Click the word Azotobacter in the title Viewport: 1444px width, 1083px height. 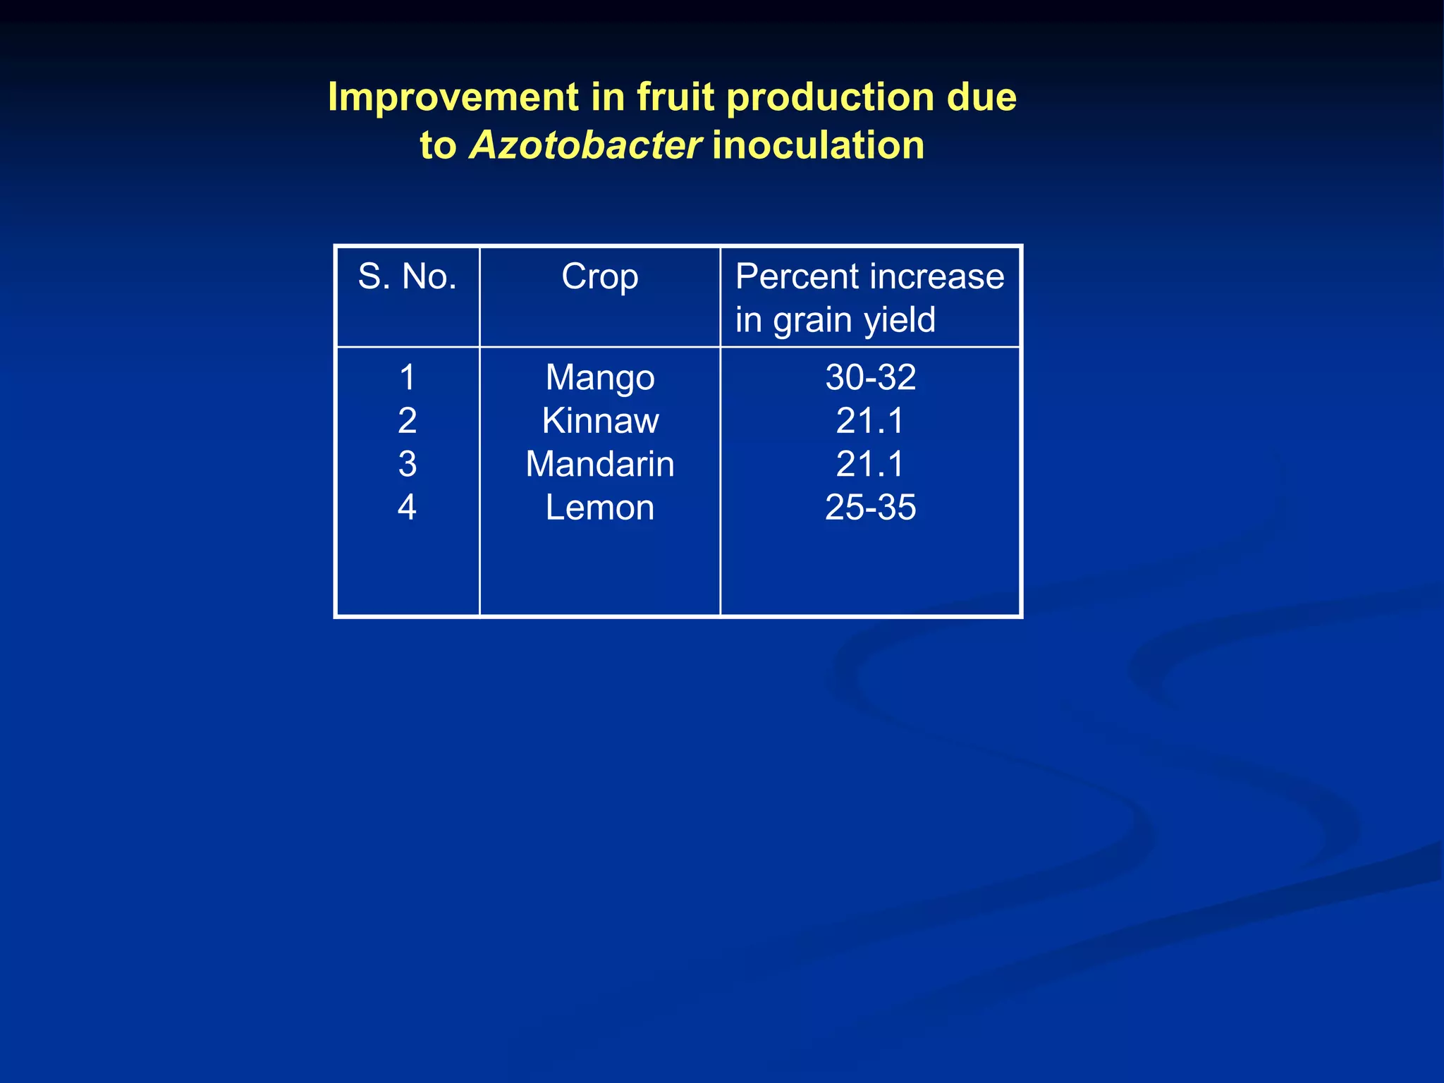(x=585, y=145)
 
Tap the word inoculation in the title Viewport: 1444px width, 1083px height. (x=818, y=145)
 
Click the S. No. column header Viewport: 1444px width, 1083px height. (x=407, y=276)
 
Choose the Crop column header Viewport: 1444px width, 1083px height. (x=600, y=276)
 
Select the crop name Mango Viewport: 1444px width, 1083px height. (x=600, y=378)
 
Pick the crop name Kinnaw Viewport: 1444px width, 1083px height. (x=600, y=421)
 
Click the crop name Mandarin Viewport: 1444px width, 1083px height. (x=600, y=465)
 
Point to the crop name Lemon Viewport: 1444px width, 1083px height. (x=600, y=508)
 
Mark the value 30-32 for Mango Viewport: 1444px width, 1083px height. (x=871, y=378)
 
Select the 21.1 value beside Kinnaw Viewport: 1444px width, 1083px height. (x=871, y=421)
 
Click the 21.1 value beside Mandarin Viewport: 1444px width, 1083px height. (x=871, y=465)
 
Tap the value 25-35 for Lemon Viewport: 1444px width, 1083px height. (x=871, y=508)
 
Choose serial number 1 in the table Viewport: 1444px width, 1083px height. (x=407, y=378)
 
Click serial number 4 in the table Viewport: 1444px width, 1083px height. (x=407, y=508)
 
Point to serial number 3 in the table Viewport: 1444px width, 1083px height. (x=407, y=465)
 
